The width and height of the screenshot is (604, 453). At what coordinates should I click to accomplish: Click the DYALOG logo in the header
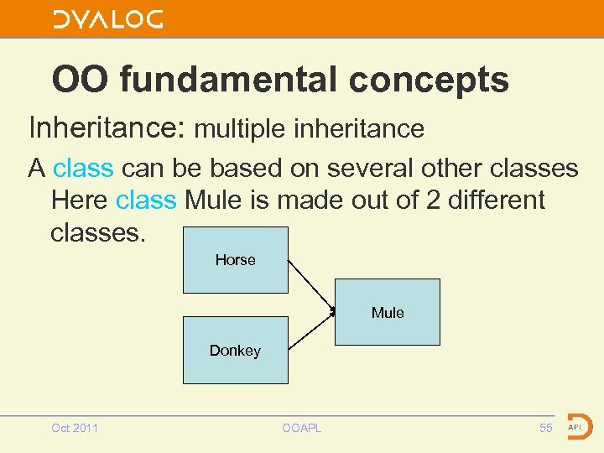tap(108, 19)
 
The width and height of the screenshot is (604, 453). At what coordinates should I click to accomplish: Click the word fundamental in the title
tap(230, 81)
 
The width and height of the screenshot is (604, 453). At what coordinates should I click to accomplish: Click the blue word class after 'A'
tap(83, 169)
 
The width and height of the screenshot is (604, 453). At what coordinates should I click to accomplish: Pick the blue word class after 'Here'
tap(146, 200)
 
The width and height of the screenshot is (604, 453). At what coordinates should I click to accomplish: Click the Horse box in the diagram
tap(235, 260)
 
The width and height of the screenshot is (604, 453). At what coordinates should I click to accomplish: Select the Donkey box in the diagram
tap(235, 350)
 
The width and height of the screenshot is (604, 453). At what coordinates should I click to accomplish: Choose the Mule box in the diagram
tap(387, 312)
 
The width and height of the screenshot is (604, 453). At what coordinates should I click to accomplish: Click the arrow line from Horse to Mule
tap(311, 286)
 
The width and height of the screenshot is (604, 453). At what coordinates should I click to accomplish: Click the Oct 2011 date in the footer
tap(75, 429)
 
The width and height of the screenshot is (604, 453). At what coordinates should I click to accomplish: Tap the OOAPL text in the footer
tap(302, 429)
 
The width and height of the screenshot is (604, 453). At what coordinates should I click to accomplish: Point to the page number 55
tap(546, 429)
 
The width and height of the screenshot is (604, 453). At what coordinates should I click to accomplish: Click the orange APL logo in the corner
tap(578, 426)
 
